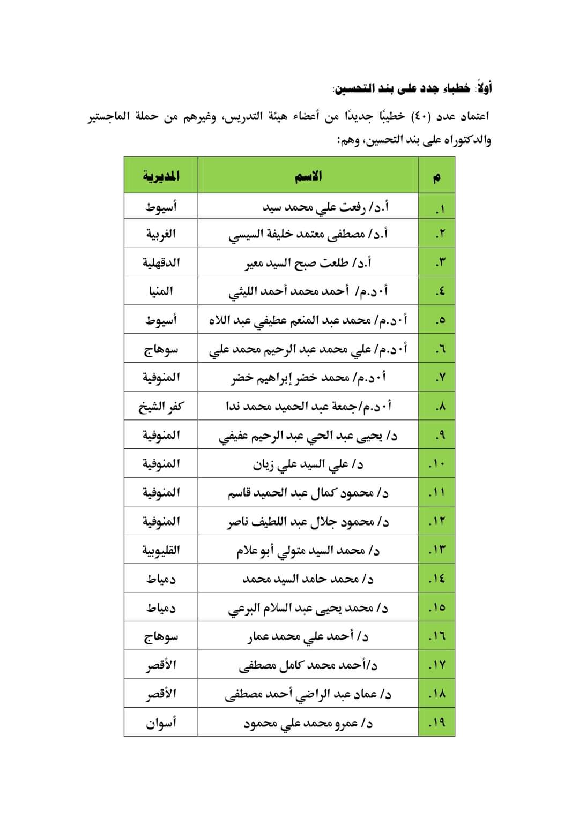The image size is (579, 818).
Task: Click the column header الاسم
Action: click(308, 176)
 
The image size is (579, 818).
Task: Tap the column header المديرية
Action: click(161, 176)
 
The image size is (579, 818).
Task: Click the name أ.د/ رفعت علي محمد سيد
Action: click(326, 207)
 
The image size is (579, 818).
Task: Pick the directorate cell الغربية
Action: click(161, 234)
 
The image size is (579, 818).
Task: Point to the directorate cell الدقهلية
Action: click(161, 262)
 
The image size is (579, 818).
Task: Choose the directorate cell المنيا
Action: click(161, 291)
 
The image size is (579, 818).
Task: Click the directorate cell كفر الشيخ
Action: click(161, 407)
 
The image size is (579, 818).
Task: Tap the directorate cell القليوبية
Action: click(161, 550)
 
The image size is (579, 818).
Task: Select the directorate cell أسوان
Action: click(161, 723)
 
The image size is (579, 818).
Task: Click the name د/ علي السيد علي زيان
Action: click(308, 464)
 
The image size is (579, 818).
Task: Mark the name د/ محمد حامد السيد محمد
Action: click(308, 579)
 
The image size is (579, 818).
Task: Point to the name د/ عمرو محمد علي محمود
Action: click(308, 723)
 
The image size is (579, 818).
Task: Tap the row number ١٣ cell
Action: click(437, 550)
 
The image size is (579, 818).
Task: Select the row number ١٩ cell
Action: click(437, 723)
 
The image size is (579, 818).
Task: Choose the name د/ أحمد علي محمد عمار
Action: click(308, 637)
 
